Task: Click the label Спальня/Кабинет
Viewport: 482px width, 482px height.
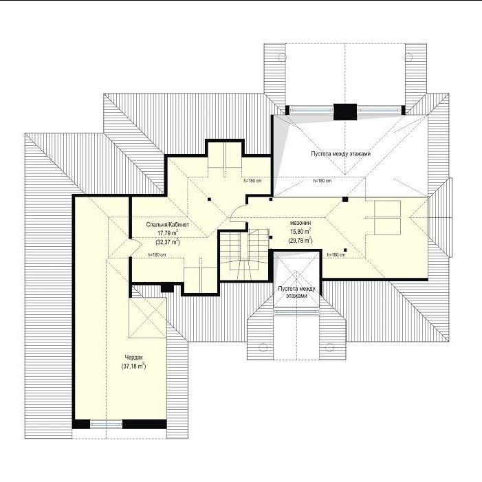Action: pyautogui.click(x=168, y=224)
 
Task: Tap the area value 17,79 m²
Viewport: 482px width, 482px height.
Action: pyautogui.click(x=168, y=233)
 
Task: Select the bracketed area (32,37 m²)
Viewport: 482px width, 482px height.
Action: pyautogui.click(x=168, y=242)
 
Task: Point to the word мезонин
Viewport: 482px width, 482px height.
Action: pyautogui.click(x=300, y=223)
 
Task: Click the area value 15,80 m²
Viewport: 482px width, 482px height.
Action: pyautogui.click(x=300, y=231)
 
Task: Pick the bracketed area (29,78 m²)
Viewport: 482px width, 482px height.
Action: pyautogui.click(x=300, y=240)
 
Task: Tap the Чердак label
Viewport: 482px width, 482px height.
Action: pyautogui.click(x=133, y=357)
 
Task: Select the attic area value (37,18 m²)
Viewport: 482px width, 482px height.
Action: pyautogui.click(x=133, y=366)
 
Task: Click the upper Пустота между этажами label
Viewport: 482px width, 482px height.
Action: pyautogui.click(x=340, y=154)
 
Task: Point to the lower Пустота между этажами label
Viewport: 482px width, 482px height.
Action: pyautogui.click(x=296, y=292)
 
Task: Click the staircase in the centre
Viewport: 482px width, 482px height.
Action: pyautogui.click(x=244, y=254)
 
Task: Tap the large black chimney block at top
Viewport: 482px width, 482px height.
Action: pyautogui.click(x=345, y=111)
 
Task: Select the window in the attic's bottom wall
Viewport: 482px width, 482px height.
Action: pyautogui.click(x=106, y=424)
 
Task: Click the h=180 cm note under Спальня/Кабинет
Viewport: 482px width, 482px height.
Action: pyautogui.click(x=157, y=254)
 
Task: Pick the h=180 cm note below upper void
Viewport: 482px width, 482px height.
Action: pyautogui.click(x=322, y=181)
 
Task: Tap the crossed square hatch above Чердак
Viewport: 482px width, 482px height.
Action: pyautogui.click(x=148, y=318)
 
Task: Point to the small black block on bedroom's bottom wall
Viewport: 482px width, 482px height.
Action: pyautogui.click(x=168, y=288)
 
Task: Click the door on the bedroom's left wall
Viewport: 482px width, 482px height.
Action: pyautogui.click(x=135, y=247)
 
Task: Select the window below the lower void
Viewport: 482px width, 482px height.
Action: pyautogui.click(x=296, y=311)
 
